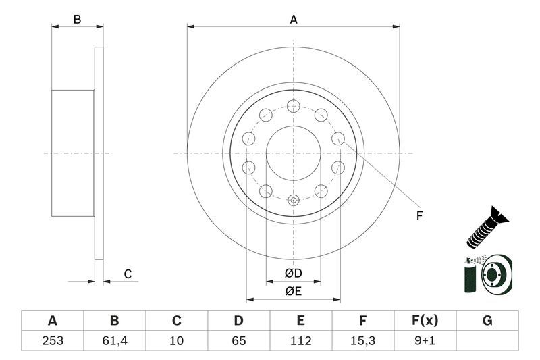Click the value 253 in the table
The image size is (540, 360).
(52, 341)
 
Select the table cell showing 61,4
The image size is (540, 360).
(114, 341)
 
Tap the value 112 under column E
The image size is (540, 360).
(301, 341)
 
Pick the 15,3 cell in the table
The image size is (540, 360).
(363, 341)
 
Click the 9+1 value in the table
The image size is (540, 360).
(425, 341)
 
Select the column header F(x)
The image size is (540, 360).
(425, 321)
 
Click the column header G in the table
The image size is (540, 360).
(487, 321)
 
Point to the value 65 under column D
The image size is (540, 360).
(239, 341)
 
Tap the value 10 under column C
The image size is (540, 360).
(177, 341)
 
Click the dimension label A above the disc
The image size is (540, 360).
(294, 20)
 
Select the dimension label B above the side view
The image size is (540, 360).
(78, 20)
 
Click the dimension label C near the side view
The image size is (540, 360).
(127, 274)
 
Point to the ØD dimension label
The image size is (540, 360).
(293, 273)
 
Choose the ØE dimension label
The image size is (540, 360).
(293, 291)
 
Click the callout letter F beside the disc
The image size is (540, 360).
(419, 216)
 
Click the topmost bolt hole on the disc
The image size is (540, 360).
(293, 105)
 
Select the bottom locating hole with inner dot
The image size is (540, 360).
(293, 200)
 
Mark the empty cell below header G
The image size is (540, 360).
(487, 341)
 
